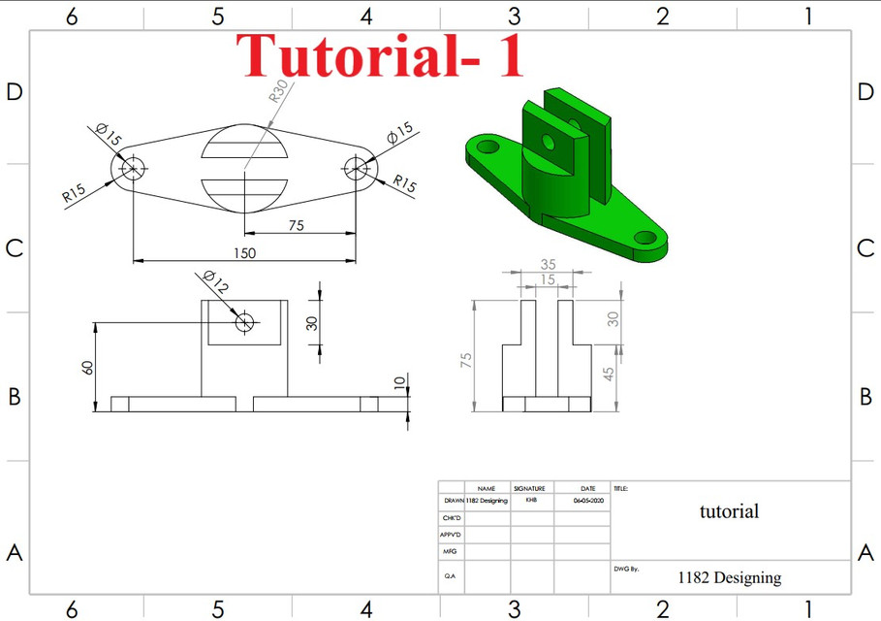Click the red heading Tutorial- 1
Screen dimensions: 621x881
pyautogui.click(x=384, y=55)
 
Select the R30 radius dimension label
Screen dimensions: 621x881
pyautogui.click(x=277, y=93)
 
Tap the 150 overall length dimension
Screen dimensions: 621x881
pyautogui.click(x=245, y=252)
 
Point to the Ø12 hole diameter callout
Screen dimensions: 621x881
pyautogui.click(x=216, y=282)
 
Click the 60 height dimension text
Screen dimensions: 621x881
pyautogui.click(x=87, y=367)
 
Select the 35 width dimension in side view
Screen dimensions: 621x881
pyautogui.click(x=548, y=264)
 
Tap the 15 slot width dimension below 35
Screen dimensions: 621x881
pyautogui.click(x=548, y=279)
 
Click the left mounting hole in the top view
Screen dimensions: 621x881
pyautogui.click(x=131, y=168)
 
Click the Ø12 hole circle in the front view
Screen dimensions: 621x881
pyautogui.click(x=244, y=321)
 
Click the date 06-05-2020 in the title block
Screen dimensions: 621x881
pyautogui.click(x=587, y=501)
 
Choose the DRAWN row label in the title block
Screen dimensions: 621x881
pyautogui.click(x=453, y=501)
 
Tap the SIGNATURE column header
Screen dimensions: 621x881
pyautogui.click(x=530, y=489)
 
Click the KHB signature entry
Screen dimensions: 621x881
pyautogui.click(x=531, y=501)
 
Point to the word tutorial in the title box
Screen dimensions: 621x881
pyautogui.click(x=729, y=511)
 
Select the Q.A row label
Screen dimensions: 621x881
pyautogui.click(x=451, y=575)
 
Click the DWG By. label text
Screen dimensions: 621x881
pyautogui.click(x=625, y=569)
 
